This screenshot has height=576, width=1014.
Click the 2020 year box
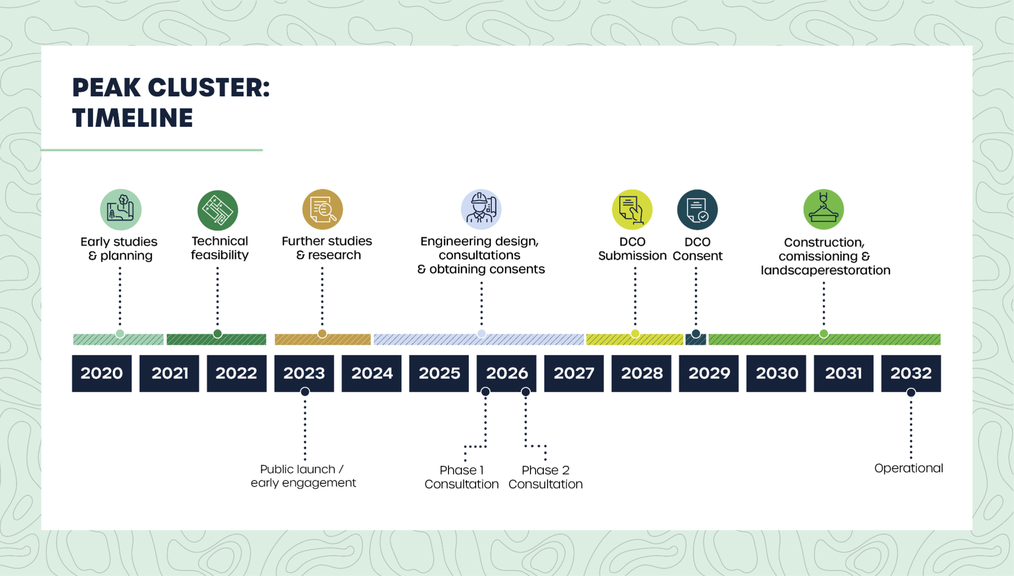[x=102, y=373]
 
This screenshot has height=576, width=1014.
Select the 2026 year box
[x=507, y=373]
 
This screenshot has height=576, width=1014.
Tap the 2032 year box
[x=911, y=373]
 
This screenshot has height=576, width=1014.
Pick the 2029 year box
[x=709, y=373]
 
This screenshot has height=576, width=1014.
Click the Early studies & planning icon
[x=121, y=209]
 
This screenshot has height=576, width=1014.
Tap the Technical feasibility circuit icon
[x=218, y=210]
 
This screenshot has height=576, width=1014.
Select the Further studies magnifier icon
[x=322, y=209]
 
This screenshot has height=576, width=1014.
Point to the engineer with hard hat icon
[x=481, y=209]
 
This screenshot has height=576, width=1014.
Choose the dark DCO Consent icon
[x=697, y=210]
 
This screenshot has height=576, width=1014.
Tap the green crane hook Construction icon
[x=824, y=209]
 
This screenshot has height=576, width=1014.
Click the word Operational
[x=909, y=468]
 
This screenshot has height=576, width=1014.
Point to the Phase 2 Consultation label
[x=546, y=477]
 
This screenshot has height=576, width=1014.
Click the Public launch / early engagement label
[x=303, y=476]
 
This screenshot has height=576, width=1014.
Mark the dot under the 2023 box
[x=305, y=391]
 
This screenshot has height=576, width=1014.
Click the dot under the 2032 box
[x=911, y=392]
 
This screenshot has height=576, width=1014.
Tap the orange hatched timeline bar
[x=322, y=339]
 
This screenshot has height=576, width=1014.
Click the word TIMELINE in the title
[x=133, y=118]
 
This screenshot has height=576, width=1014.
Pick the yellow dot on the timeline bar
[x=635, y=334]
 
